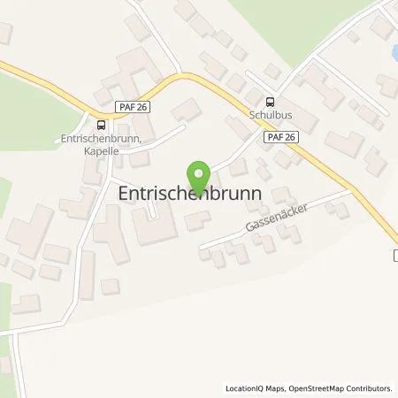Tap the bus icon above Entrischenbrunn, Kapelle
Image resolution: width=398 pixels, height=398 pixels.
[100, 125]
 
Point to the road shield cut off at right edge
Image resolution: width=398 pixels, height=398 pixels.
[394, 256]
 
